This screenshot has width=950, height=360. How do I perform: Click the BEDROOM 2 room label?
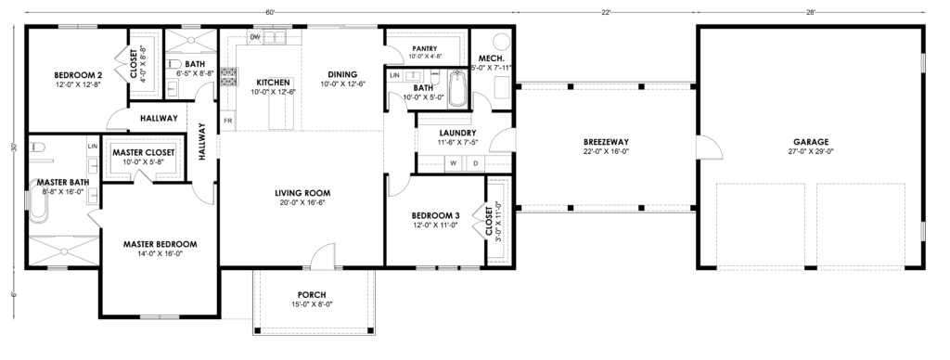(77, 75)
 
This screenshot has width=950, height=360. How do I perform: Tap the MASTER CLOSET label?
(144, 153)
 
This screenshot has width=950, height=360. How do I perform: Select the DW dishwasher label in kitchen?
(255, 37)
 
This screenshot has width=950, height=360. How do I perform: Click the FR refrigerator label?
(228, 121)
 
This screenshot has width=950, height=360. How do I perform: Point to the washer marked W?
(453, 163)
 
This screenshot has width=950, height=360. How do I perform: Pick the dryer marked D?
(476, 163)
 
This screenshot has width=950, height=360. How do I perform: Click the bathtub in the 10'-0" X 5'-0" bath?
(458, 89)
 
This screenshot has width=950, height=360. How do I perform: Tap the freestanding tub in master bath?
(37, 207)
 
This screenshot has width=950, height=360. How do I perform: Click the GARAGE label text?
(810, 143)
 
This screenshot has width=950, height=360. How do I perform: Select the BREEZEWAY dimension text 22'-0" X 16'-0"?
(606, 151)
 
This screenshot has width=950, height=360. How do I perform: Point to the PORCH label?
(312, 295)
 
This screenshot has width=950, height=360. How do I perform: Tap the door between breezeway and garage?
(710, 147)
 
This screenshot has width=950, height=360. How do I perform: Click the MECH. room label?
(492, 58)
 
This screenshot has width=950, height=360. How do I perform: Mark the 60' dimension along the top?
(270, 11)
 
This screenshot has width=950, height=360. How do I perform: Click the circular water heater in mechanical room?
(502, 42)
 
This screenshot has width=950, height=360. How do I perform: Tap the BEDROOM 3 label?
(436, 216)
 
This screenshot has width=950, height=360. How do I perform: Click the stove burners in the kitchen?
(228, 76)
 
